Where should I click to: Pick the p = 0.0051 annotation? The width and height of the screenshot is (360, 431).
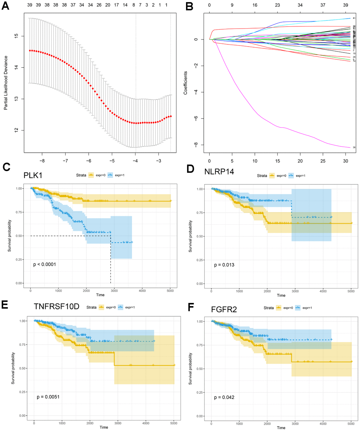pos(49,397)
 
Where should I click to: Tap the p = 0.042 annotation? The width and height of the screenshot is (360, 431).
pos(224,397)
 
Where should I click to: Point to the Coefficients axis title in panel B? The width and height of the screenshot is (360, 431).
pos(185,83)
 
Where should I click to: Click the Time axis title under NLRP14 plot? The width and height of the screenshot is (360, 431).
pos(281,295)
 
